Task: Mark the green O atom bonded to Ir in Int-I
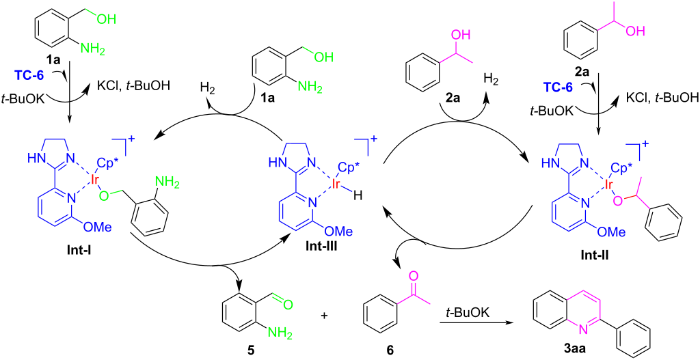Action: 104,195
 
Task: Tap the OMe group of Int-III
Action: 341,232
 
